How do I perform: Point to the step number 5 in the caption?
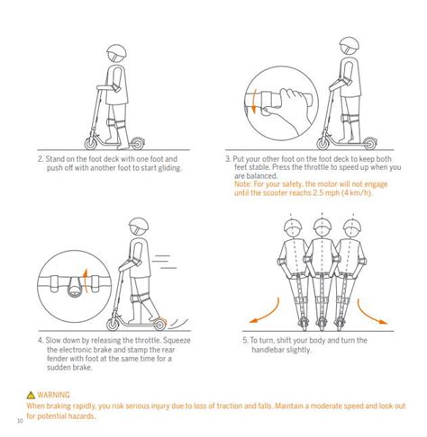245,341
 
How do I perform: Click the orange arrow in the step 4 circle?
88,272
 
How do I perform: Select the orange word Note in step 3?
244,183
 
